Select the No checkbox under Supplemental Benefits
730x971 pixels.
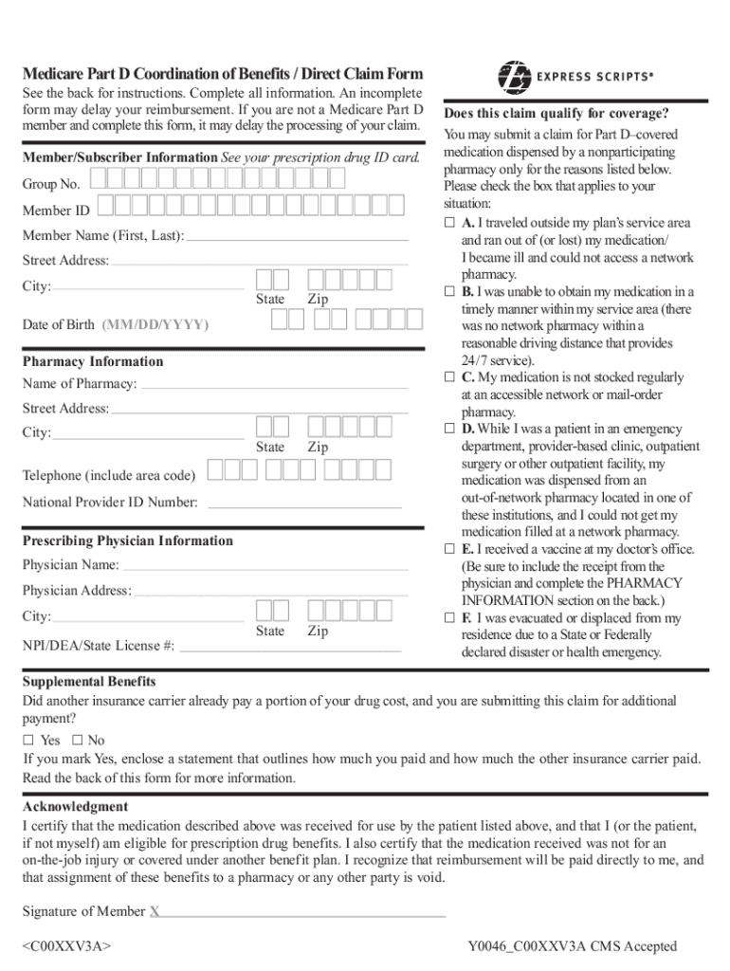click(77, 740)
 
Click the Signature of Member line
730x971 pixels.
click(303, 914)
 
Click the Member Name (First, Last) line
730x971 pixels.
click(298, 237)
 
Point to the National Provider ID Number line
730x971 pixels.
click(303, 504)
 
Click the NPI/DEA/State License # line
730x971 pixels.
click(290, 649)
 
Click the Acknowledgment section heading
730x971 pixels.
click(75, 806)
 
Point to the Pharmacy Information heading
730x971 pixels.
click(93, 361)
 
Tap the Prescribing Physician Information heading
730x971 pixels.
click(127, 540)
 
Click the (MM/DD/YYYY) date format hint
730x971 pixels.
click(155, 324)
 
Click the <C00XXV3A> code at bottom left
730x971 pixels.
click(67, 946)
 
